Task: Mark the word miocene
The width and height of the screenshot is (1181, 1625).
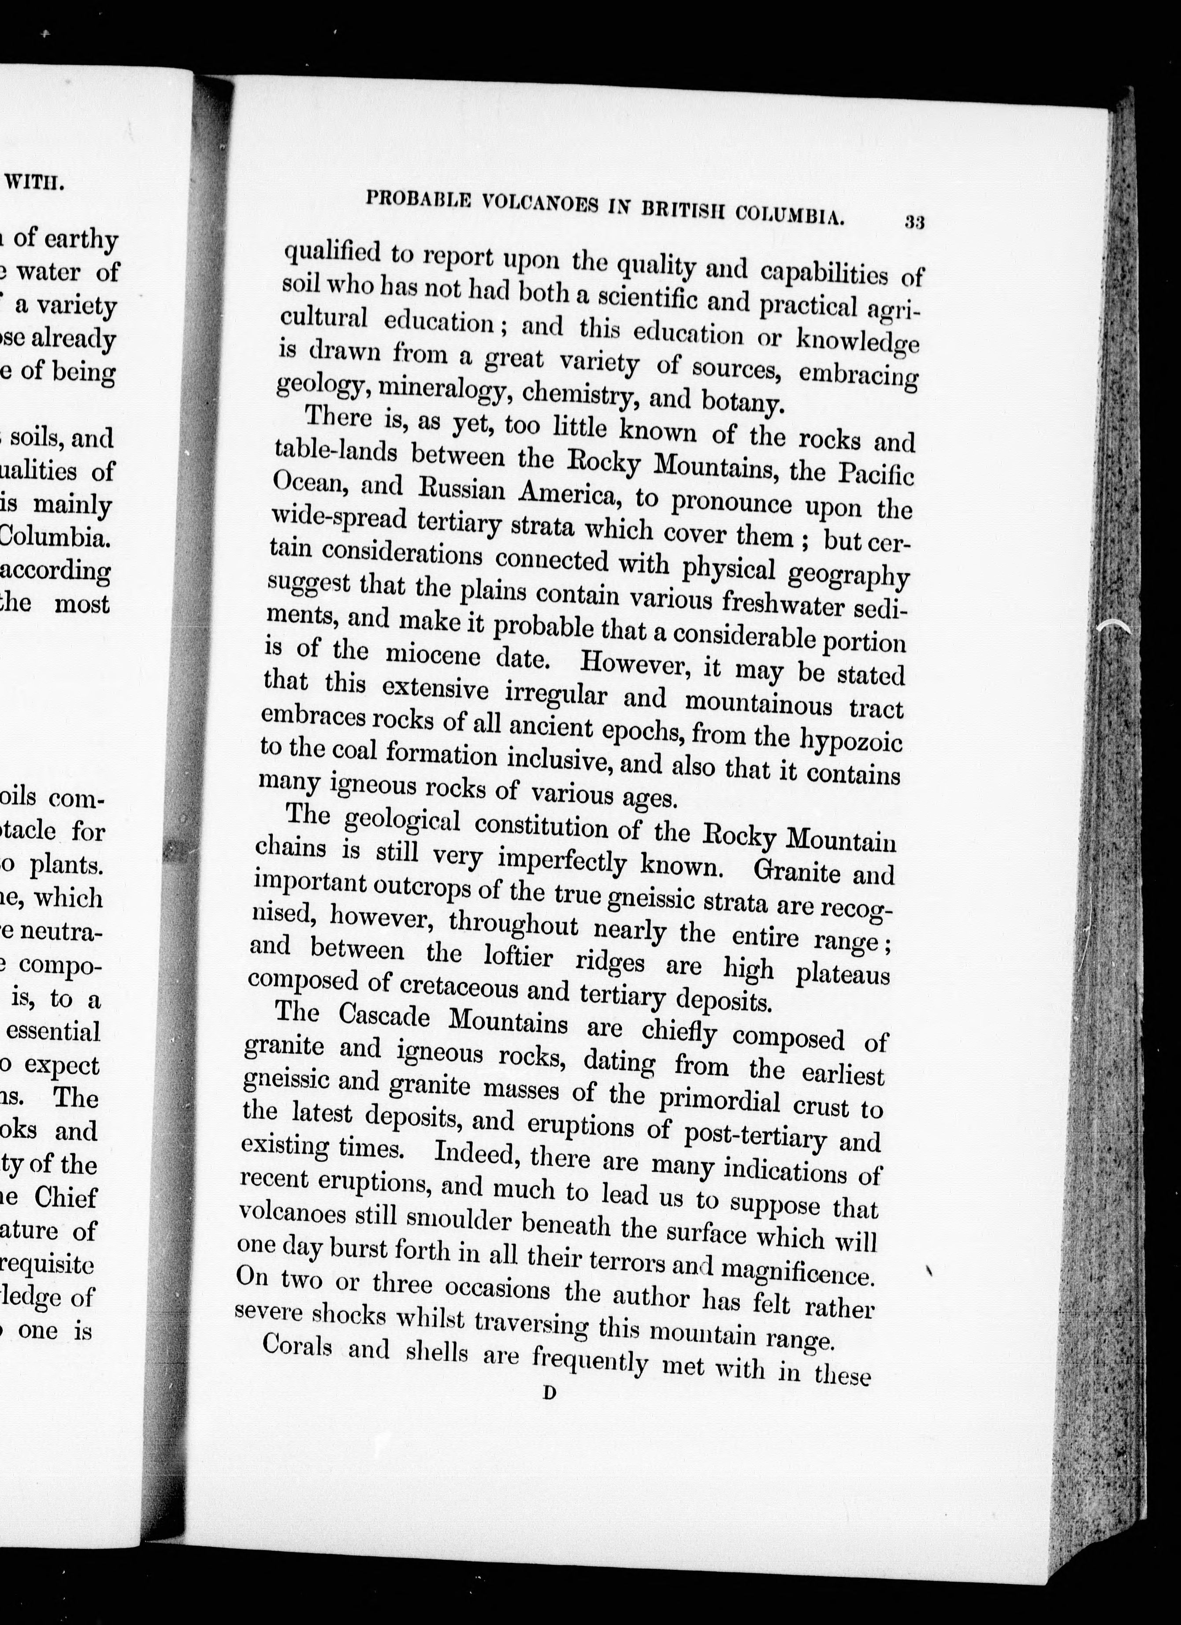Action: point(437,653)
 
